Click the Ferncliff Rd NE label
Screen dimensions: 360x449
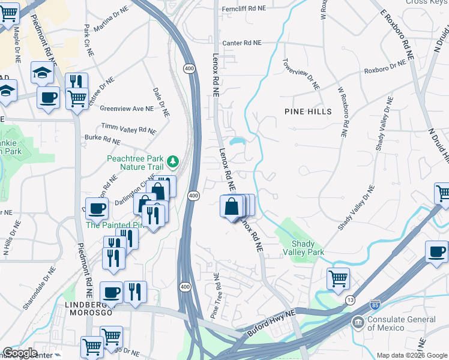[x=243, y=9]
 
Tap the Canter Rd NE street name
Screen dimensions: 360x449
[x=242, y=43]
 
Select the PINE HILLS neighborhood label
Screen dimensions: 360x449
[x=309, y=112]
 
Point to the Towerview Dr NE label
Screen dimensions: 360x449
[x=302, y=75]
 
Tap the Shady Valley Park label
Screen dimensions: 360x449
[x=307, y=248]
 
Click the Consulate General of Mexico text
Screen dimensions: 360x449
[x=402, y=323]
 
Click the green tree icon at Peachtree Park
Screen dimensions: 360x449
[x=173, y=161]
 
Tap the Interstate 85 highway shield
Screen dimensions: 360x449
[x=375, y=305]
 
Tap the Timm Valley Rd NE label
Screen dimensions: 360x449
[x=128, y=128]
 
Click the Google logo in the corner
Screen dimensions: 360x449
[x=20, y=353]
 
